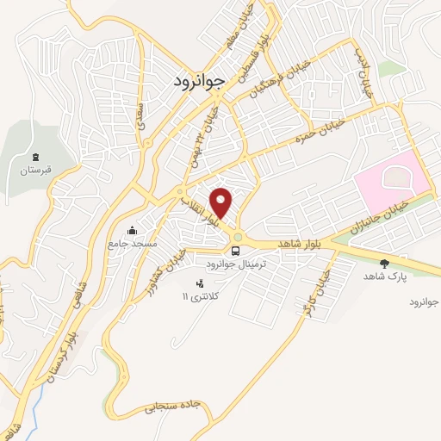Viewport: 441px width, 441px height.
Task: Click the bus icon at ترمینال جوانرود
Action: (x=235, y=251)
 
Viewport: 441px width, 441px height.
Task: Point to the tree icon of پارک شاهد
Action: (x=384, y=263)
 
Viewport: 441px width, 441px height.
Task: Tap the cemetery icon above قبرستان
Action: (x=36, y=158)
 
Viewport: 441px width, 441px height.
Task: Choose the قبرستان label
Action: (x=36, y=171)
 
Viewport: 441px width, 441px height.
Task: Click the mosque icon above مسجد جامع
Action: (x=132, y=231)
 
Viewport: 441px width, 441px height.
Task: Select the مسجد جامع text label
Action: (x=132, y=244)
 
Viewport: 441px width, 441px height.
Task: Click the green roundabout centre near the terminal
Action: (x=238, y=239)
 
